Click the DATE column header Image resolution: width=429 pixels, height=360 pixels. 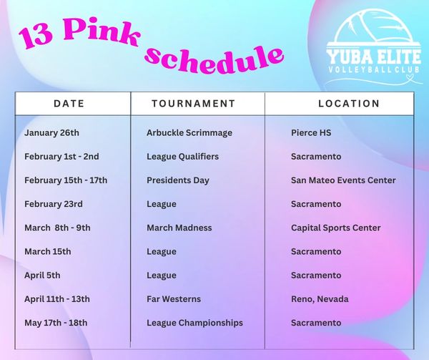69,104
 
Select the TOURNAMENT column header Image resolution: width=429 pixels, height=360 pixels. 194,104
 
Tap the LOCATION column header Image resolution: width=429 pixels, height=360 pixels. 349,104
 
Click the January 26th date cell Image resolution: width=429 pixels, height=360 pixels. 51,133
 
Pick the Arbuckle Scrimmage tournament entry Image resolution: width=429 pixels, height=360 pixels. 189,133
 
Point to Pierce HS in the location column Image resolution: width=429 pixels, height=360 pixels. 311,133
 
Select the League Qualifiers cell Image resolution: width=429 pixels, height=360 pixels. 183,157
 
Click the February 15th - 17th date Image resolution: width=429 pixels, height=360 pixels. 66,180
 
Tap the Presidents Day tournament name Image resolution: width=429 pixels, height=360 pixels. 178,180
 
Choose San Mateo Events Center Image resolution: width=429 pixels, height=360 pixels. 343,180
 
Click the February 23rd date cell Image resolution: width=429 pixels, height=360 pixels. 54,204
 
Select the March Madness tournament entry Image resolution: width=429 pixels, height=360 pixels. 179,228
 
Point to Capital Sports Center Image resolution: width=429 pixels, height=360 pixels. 336,228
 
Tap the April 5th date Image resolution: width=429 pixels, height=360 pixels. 42,276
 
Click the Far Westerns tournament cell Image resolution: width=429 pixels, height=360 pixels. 174,299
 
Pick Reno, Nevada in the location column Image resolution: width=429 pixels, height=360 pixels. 320,299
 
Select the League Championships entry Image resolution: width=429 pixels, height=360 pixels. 194,323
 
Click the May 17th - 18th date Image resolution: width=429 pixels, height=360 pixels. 56,323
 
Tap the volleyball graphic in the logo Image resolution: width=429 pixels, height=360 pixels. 374,27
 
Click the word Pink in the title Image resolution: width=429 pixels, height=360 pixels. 102,31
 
